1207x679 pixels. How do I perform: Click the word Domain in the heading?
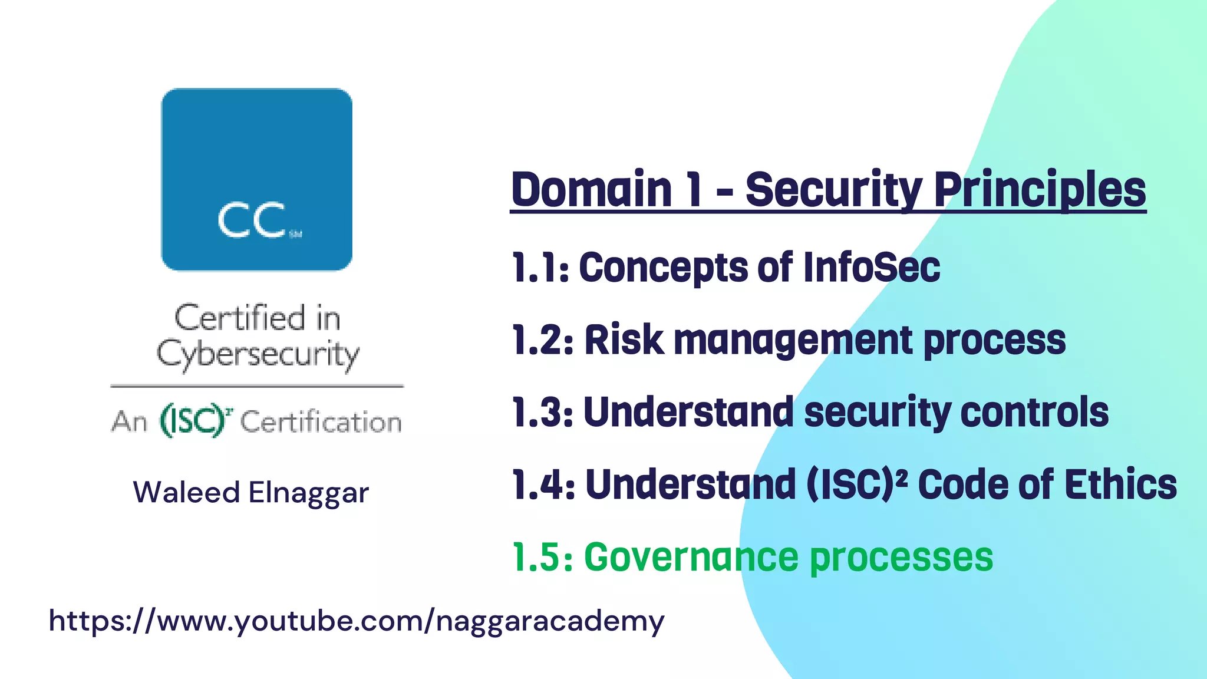tap(592, 190)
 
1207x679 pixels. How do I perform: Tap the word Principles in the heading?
tap(1040, 190)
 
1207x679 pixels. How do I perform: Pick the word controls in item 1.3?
tap(1034, 412)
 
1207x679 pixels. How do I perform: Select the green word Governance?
tap(690, 557)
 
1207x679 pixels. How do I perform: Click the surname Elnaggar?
tap(308, 493)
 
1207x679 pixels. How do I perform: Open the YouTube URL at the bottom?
tap(357, 621)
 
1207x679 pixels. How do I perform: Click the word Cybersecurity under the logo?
tap(258, 355)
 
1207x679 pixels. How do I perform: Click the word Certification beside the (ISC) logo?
tap(321, 422)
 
